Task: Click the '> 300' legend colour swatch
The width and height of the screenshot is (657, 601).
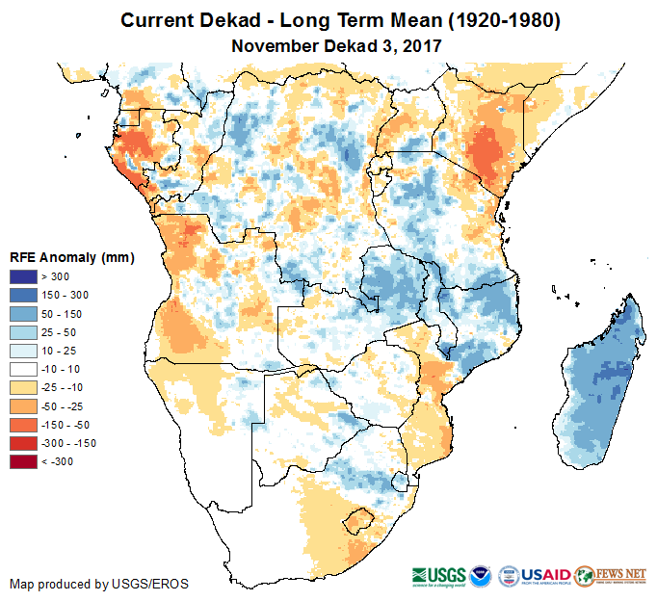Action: (x=23, y=277)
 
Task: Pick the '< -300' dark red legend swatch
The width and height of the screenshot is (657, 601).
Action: (x=23, y=462)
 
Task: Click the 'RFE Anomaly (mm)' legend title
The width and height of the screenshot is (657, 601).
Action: (x=72, y=257)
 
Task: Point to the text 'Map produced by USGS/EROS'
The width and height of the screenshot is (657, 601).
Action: (x=99, y=584)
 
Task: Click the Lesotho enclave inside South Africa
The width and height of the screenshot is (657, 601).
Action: (x=360, y=520)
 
